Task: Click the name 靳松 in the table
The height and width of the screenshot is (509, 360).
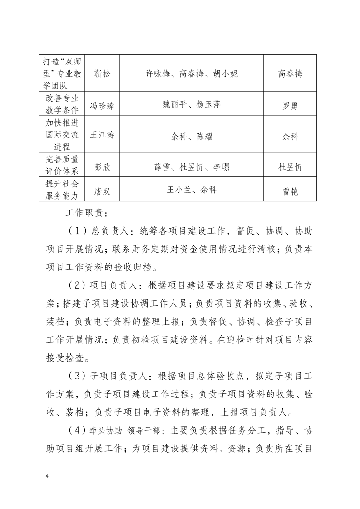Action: (102, 73)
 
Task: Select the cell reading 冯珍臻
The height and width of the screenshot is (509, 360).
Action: (102, 106)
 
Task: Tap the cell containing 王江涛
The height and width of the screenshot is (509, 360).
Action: (102, 135)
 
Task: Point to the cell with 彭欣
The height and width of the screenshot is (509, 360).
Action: (102, 166)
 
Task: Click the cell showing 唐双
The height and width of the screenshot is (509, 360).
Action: (102, 191)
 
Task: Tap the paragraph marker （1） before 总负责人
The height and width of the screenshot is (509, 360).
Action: (78, 230)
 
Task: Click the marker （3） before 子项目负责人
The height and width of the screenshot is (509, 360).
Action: (78, 376)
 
